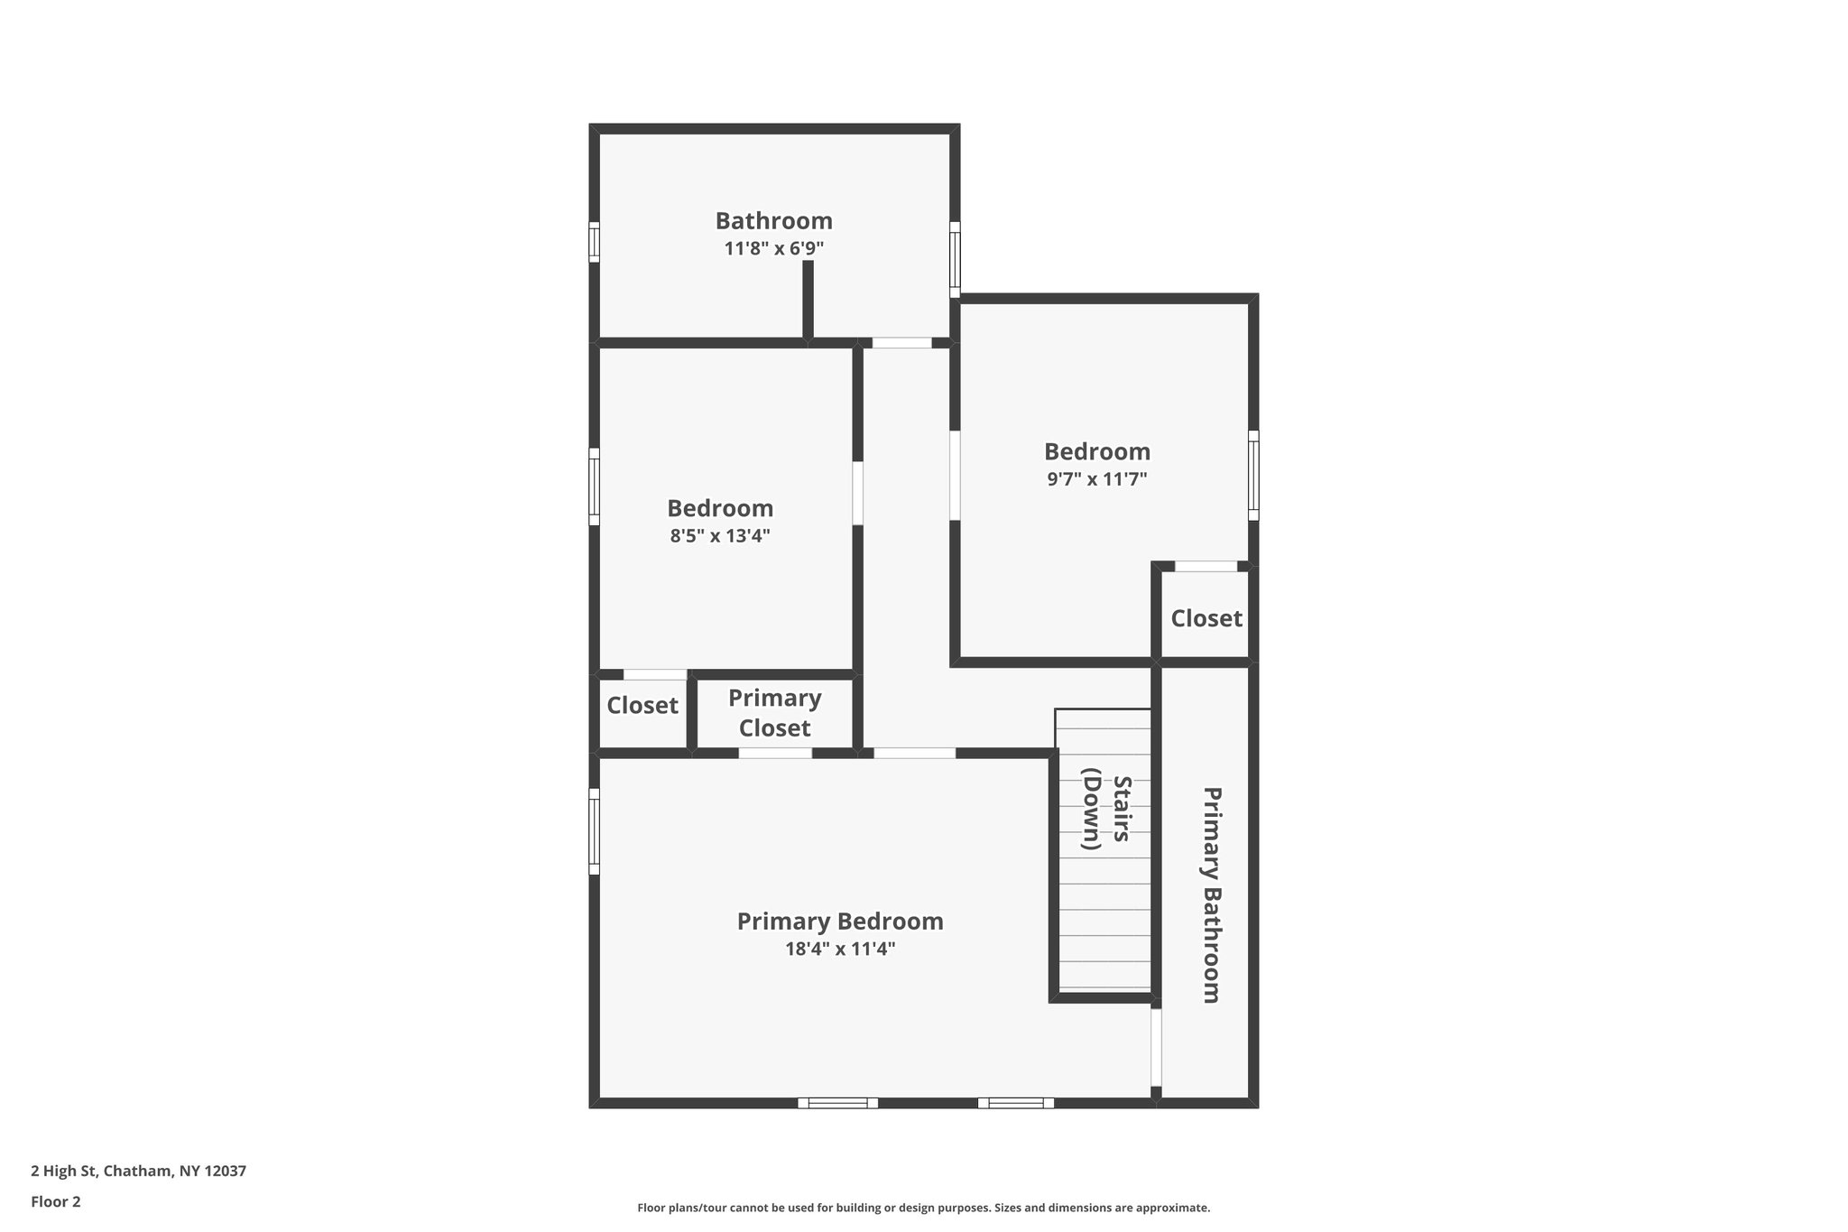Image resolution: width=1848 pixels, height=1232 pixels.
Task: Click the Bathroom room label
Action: click(773, 221)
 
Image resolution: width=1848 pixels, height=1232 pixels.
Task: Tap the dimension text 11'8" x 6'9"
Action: click(773, 248)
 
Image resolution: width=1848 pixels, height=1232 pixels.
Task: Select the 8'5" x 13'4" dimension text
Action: click(719, 536)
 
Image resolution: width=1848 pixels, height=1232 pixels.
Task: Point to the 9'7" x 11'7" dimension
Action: click(1096, 479)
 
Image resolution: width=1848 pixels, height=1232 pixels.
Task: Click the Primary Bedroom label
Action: click(839, 922)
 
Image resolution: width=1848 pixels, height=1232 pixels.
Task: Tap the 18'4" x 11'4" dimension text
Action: click(839, 949)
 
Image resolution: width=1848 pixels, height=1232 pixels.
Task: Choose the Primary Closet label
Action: click(774, 713)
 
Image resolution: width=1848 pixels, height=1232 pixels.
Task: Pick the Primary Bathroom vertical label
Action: click(1211, 894)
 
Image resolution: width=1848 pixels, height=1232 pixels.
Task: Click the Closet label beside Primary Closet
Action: click(642, 706)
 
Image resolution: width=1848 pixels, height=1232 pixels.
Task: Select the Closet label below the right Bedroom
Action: click(1206, 619)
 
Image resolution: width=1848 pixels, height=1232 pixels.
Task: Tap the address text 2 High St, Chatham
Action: click(138, 1172)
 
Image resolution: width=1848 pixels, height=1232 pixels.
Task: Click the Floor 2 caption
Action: click(56, 1201)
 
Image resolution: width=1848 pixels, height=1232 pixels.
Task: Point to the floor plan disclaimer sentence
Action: click(923, 1208)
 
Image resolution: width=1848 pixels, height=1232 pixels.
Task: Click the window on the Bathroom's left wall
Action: click(594, 242)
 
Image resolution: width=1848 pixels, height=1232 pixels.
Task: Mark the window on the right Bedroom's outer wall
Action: click(1253, 475)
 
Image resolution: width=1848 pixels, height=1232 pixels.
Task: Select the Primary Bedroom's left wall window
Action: click(594, 831)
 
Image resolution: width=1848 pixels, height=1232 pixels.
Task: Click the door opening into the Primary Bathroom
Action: click(1156, 1047)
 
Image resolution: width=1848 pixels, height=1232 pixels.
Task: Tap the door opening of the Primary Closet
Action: click(775, 753)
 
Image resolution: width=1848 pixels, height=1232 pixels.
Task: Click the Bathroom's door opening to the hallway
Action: click(901, 343)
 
